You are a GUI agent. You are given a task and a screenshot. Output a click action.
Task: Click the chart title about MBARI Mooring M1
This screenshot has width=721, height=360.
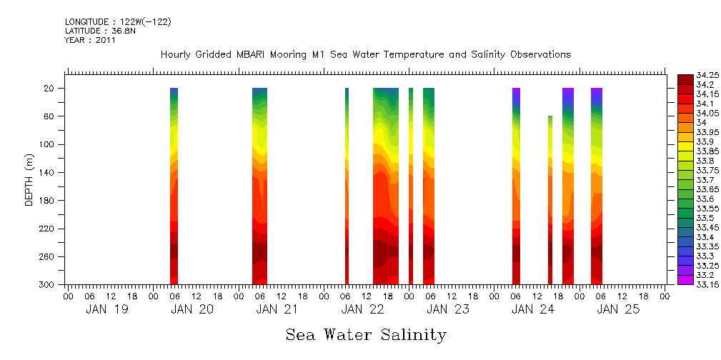pos(366,55)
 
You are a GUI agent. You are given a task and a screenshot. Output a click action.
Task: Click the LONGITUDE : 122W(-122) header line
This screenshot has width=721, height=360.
pos(118,22)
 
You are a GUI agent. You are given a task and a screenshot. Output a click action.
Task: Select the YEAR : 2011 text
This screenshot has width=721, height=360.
pos(90,40)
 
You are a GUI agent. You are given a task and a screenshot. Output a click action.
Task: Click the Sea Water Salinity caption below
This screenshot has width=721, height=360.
pos(366,335)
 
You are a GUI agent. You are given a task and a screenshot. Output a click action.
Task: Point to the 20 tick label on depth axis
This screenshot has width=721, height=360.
pos(49,89)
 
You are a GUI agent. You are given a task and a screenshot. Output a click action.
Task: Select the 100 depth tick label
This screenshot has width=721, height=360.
pos(47,144)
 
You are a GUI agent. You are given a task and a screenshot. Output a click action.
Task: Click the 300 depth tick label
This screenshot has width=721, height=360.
pos(47,285)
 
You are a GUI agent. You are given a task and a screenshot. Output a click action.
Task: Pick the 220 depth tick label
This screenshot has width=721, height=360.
pos(47,229)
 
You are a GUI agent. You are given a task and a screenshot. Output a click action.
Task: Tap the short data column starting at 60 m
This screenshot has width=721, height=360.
pos(550,200)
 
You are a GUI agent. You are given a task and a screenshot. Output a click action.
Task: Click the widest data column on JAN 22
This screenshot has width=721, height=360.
pos(386,186)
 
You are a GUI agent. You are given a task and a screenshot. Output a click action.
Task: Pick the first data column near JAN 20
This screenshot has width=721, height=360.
pos(174,186)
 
